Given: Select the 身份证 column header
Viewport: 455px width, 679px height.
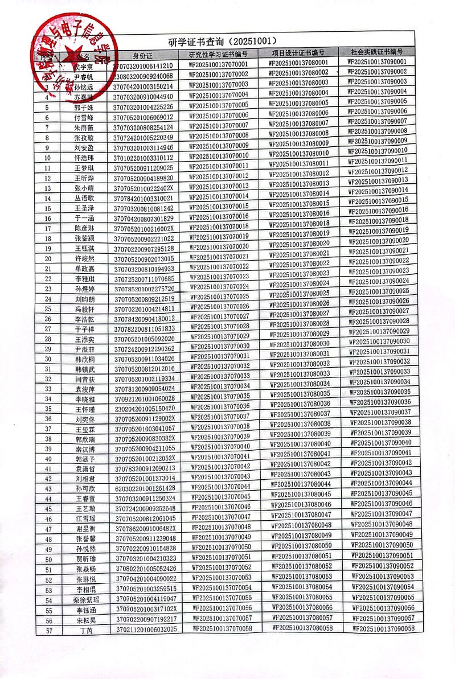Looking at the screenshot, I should pyautogui.click(x=143, y=55).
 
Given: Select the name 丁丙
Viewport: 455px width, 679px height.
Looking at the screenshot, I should pyautogui.click(x=86, y=630).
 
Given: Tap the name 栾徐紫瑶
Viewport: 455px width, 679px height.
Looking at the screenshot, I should pyautogui.click(x=86, y=600).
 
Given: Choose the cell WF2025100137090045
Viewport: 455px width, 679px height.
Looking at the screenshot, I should pyautogui.click(x=382, y=493).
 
